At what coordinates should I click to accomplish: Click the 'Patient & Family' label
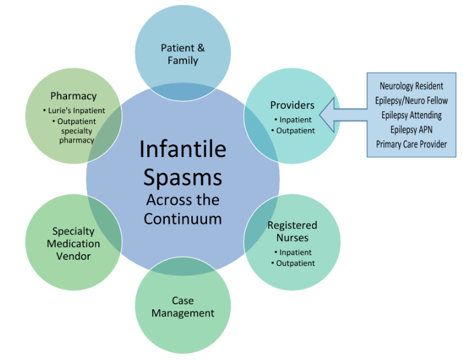pos(183,54)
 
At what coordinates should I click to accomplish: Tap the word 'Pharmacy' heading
pos(73,96)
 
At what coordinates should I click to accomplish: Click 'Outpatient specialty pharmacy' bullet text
pos(75,130)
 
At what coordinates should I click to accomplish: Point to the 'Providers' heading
pos(292,105)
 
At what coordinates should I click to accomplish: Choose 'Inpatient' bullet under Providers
pos(295,120)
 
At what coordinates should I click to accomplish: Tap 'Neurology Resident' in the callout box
pos(412,86)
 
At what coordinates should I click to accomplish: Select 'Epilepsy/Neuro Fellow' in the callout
pos(412,100)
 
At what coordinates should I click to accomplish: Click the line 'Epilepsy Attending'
pos(412,115)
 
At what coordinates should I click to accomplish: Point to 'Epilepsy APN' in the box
pos(412,129)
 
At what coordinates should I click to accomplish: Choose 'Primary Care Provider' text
pos(412,144)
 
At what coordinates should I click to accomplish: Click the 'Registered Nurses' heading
pos(292,231)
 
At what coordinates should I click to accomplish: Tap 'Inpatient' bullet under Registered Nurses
pos(295,252)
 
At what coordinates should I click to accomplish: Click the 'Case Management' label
pos(183,307)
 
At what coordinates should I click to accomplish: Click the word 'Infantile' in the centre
pos(182,149)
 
